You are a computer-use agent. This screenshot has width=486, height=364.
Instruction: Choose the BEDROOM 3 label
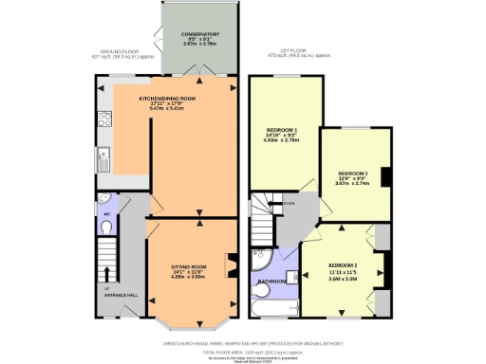(352, 173)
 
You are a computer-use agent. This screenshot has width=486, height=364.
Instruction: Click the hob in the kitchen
(104, 120)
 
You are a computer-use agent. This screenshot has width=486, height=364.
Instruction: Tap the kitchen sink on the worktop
(103, 155)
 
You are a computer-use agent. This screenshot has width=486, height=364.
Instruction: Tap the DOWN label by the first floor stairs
(289, 203)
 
